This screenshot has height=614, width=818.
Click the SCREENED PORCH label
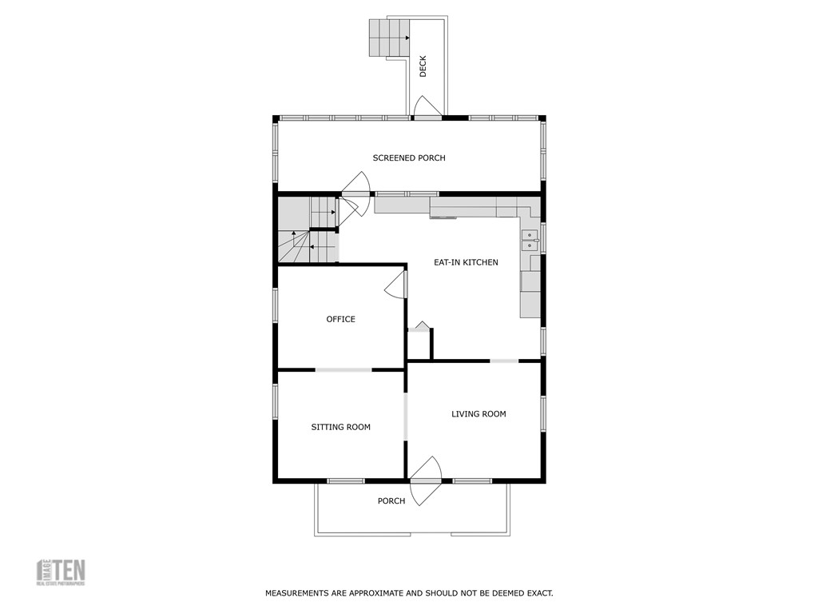[409, 157]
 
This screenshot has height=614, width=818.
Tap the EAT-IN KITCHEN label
[466, 262]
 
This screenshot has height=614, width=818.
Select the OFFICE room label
[340, 319]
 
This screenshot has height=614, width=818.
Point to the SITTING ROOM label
[340, 427]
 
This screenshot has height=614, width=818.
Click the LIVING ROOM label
[478, 414]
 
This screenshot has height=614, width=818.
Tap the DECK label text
[423, 66]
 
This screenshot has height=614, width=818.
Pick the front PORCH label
[391, 501]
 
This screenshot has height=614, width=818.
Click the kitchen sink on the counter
[530, 240]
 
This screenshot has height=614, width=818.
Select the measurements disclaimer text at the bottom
[409, 593]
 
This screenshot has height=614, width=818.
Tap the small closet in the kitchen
[419, 344]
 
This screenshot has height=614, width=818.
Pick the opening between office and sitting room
[343, 369]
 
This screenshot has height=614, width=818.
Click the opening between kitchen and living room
[504, 361]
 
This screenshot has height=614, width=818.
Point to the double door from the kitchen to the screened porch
[355, 195]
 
